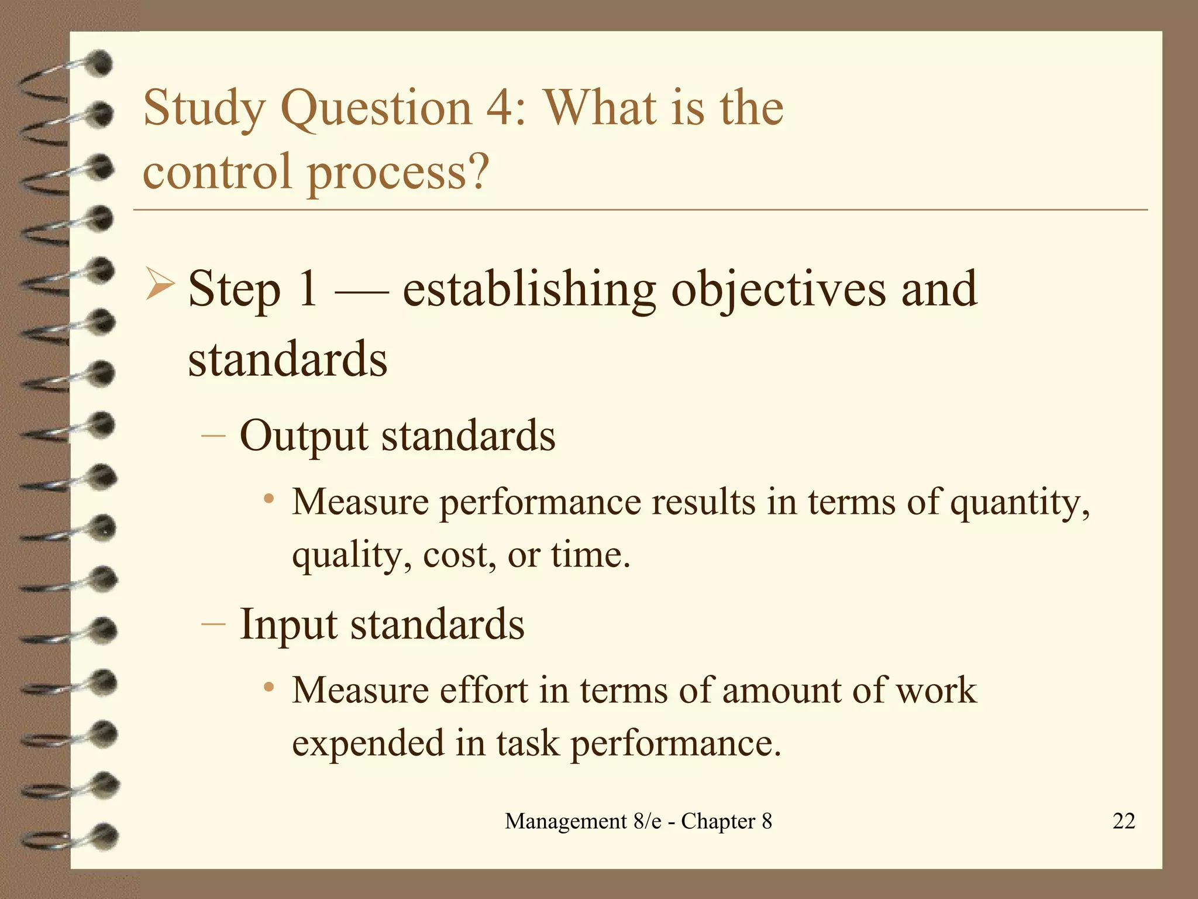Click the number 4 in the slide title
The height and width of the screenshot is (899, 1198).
point(498,108)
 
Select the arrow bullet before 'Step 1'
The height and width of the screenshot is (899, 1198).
point(160,284)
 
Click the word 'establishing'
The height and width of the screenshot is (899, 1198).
point(529,290)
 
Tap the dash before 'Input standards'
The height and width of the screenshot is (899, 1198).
point(212,623)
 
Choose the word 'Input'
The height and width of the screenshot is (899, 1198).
point(288,625)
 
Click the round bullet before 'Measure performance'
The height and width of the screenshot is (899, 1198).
point(268,499)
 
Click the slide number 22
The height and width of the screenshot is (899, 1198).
point(1123,821)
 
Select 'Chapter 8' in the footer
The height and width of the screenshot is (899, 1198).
point(726,821)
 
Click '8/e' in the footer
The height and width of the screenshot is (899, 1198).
point(648,821)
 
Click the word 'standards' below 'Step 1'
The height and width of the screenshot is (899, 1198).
point(287,359)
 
